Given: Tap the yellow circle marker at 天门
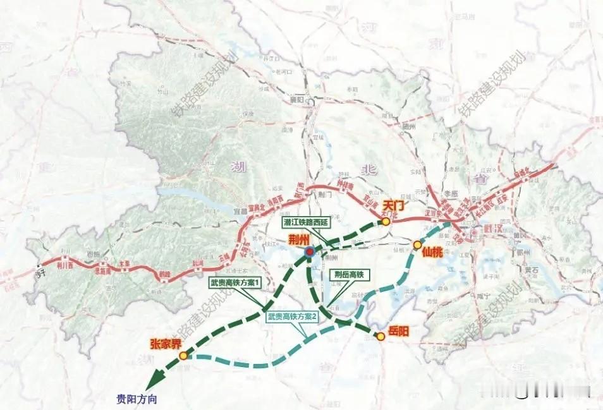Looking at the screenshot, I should [x=385, y=222].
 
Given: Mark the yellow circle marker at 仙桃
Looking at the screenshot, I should [x=418, y=244].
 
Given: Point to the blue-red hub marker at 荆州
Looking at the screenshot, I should [x=309, y=251].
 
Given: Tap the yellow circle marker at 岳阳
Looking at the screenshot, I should [x=381, y=337].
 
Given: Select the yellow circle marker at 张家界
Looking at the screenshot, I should [x=183, y=356].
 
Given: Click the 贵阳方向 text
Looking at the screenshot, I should [x=137, y=399].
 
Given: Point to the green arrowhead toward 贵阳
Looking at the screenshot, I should [x=152, y=383].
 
